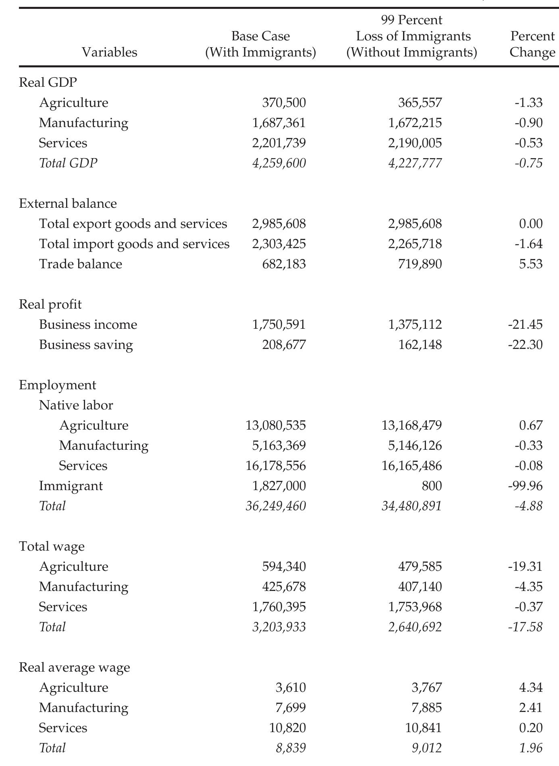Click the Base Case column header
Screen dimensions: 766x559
(x=260, y=44)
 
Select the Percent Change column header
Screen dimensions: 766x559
(x=532, y=44)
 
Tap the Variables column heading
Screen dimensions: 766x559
(x=109, y=52)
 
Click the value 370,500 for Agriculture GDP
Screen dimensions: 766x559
(x=284, y=103)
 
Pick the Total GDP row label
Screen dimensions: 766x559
(x=68, y=163)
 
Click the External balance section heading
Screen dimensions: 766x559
(x=68, y=203)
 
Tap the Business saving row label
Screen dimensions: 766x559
(x=86, y=345)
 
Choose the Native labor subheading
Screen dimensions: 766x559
(x=76, y=405)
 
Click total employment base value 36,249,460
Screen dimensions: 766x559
(x=276, y=506)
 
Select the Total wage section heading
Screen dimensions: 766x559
(x=52, y=547)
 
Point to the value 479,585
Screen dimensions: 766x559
(x=420, y=567)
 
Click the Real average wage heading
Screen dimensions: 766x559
(x=74, y=668)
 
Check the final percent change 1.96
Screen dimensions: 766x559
(x=531, y=748)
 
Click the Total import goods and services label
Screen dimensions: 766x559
(x=134, y=244)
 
